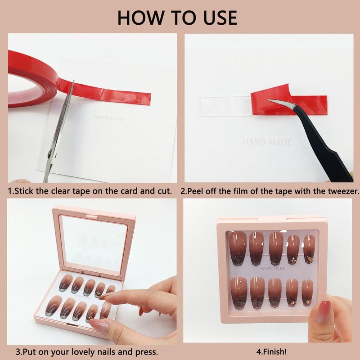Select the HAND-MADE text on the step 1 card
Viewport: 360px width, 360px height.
[x=109, y=118]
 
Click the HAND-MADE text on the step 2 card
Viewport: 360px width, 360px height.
[x=267, y=142]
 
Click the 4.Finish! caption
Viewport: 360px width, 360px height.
[x=271, y=351]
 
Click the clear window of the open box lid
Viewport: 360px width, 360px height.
[x=94, y=243]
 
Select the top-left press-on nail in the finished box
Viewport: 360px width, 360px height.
[x=238, y=247]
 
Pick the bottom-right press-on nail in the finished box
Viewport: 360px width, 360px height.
[x=307, y=293]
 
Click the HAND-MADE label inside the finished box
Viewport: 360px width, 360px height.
[x=273, y=268]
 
